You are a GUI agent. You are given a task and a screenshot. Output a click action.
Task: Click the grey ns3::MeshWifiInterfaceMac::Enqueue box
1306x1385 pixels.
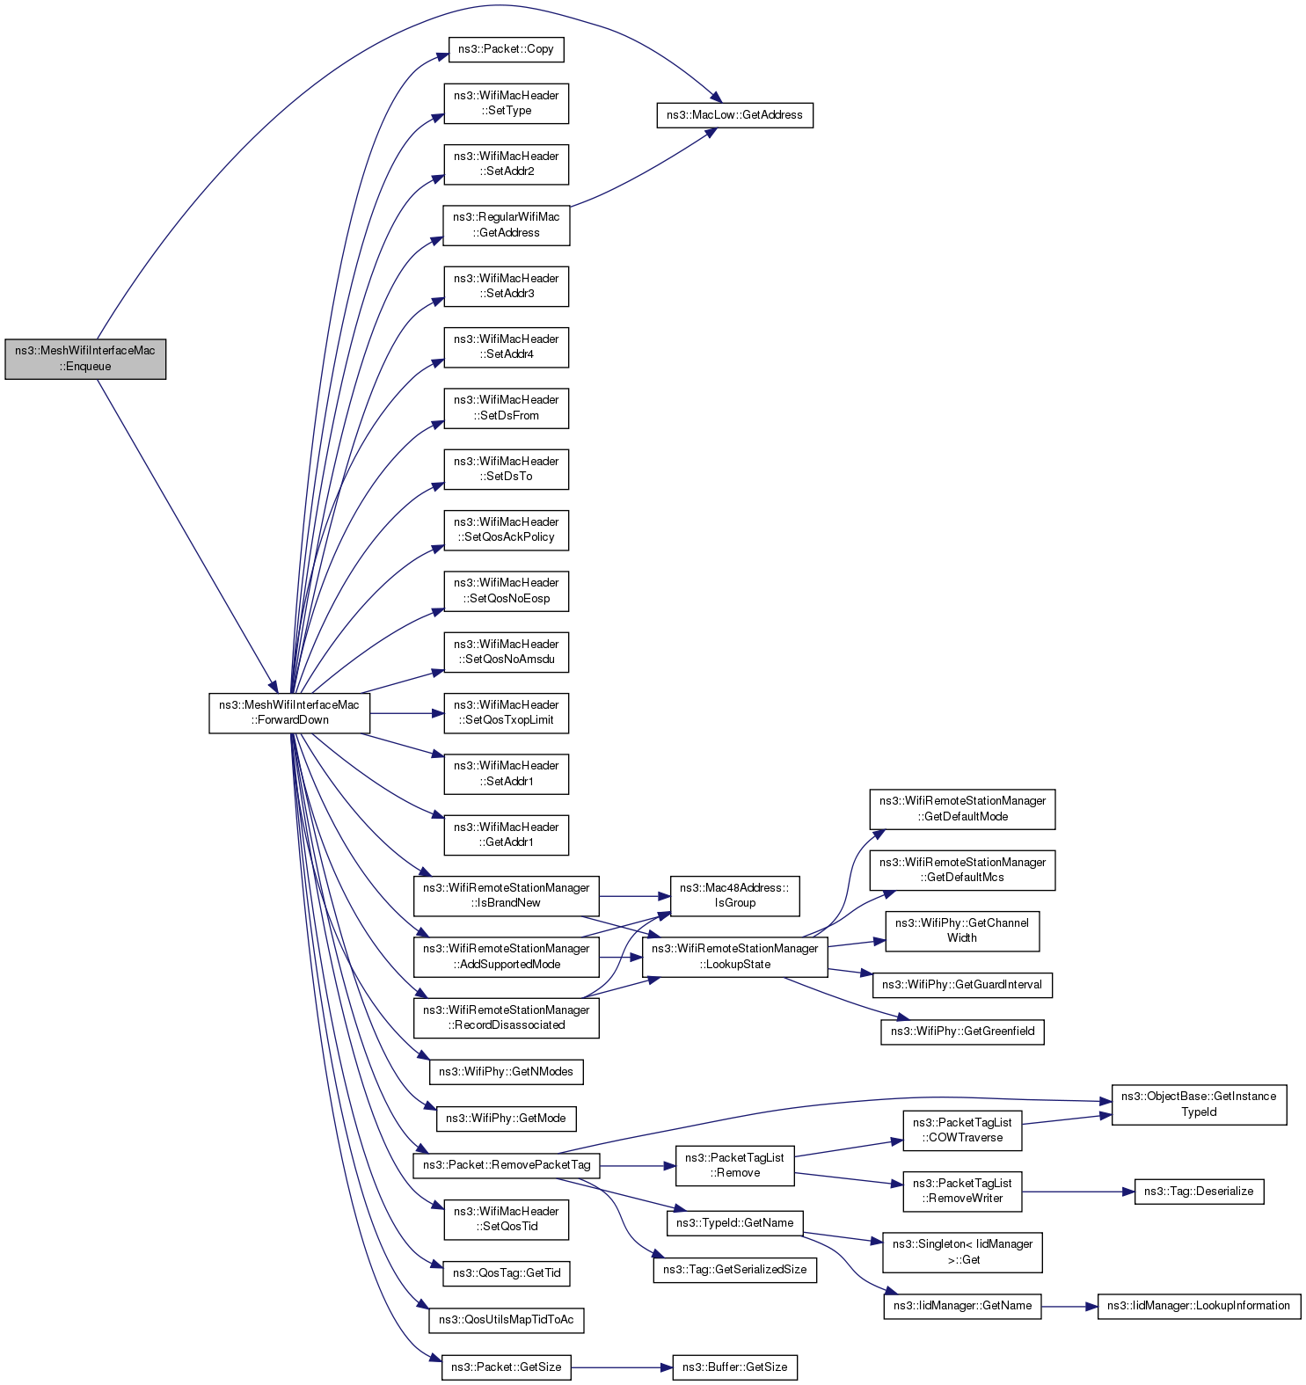click(x=85, y=359)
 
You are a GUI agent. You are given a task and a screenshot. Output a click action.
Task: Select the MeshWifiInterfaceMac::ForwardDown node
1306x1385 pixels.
click(x=288, y=712)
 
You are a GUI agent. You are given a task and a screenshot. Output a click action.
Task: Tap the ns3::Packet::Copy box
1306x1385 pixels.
click(x=506, y=49)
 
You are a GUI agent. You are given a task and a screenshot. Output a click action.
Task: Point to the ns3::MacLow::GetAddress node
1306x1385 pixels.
click(x=734, y=115)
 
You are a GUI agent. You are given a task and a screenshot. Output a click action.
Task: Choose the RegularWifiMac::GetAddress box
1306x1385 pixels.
click(x=506, y=225)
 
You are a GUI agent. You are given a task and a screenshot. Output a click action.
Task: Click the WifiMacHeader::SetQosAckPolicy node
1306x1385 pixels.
click(x=506, y=530)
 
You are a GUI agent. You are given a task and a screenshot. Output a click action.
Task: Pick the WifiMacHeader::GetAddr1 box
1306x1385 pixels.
click(x=506, y=835)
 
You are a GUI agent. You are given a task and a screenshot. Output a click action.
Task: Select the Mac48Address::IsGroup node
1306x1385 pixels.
click(x=734, y=895)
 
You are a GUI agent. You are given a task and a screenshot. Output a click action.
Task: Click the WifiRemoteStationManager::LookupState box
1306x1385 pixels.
click(x=734, y=957)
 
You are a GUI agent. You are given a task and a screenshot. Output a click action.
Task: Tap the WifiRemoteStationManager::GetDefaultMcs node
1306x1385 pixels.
click(x=962, y=870)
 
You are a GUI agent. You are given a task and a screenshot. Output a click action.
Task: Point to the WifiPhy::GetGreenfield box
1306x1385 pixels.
click(x=962, y=1031)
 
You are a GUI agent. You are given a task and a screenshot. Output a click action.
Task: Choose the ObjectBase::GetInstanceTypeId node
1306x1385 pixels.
click(x=1199, y=1104)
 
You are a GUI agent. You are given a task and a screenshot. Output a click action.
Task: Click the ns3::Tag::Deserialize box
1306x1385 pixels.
click(x=1199, y=1192)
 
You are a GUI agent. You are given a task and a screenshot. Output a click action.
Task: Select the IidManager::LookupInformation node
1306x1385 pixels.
click(x=1199, y=1306)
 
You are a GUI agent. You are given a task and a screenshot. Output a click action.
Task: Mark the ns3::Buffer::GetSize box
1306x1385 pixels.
click(x=734, y=1367)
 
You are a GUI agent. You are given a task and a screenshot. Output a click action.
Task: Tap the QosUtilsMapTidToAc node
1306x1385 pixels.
click(x=506, y=1320)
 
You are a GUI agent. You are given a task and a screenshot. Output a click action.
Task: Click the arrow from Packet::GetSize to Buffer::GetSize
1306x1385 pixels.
click(x=621, y=1367)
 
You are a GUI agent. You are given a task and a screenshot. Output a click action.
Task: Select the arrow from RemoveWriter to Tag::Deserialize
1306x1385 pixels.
click(x=1077, y=1192)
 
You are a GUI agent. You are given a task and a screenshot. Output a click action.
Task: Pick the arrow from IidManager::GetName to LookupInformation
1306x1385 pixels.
click(x=1069, y=1306)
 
